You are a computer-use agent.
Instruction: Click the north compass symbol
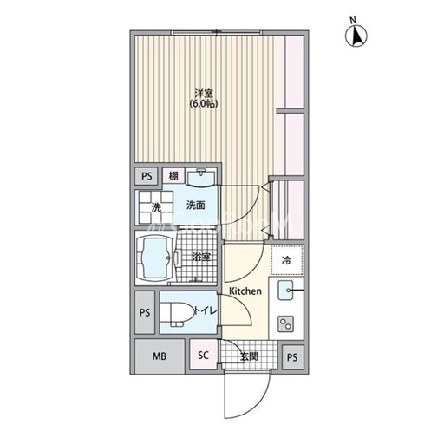pyautogui.click(x=356, y=36)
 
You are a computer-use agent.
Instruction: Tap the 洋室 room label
pyautogui.click(x=204, y=94)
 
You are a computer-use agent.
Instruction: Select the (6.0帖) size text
pyautogui.click(x=204, y=104)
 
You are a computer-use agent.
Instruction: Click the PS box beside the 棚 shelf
pyautogui.click(x=147, y=176)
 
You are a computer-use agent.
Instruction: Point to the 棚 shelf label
pyautogui.click(x=173, y=176)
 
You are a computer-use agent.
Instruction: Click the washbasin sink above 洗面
pyautogui.click(x=201, y=178)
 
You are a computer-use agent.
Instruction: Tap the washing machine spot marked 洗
pyautogui.click(x=156, y=207)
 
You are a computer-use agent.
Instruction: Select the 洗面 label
pyautogui.click(x=196, y=206)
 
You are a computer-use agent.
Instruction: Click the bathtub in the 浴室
pyautogui.click(x=154, y=258)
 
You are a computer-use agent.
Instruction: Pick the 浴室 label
pyautogui.click(x=201, y=257)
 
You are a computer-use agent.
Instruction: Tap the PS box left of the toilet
pyautogui.click(x=145, y=312)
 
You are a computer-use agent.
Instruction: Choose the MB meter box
pyautogui.click(x=160, y=356)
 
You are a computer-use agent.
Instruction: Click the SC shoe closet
pyautogui.click(x=204, y=355)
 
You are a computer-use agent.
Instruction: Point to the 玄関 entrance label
pyautogui.click(x=249, y=356)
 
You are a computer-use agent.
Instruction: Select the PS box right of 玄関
pyautogui.click(x=292, y=357)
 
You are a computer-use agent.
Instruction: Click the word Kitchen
pyautogui.click(x=245, y=291)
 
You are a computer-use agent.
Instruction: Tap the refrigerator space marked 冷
pyautogui.click(x=287, y=260)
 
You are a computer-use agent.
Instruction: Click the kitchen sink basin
pyautogui.click(x=285, y=290)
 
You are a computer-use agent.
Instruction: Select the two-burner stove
pyautogui.click(x=285, y=323)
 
